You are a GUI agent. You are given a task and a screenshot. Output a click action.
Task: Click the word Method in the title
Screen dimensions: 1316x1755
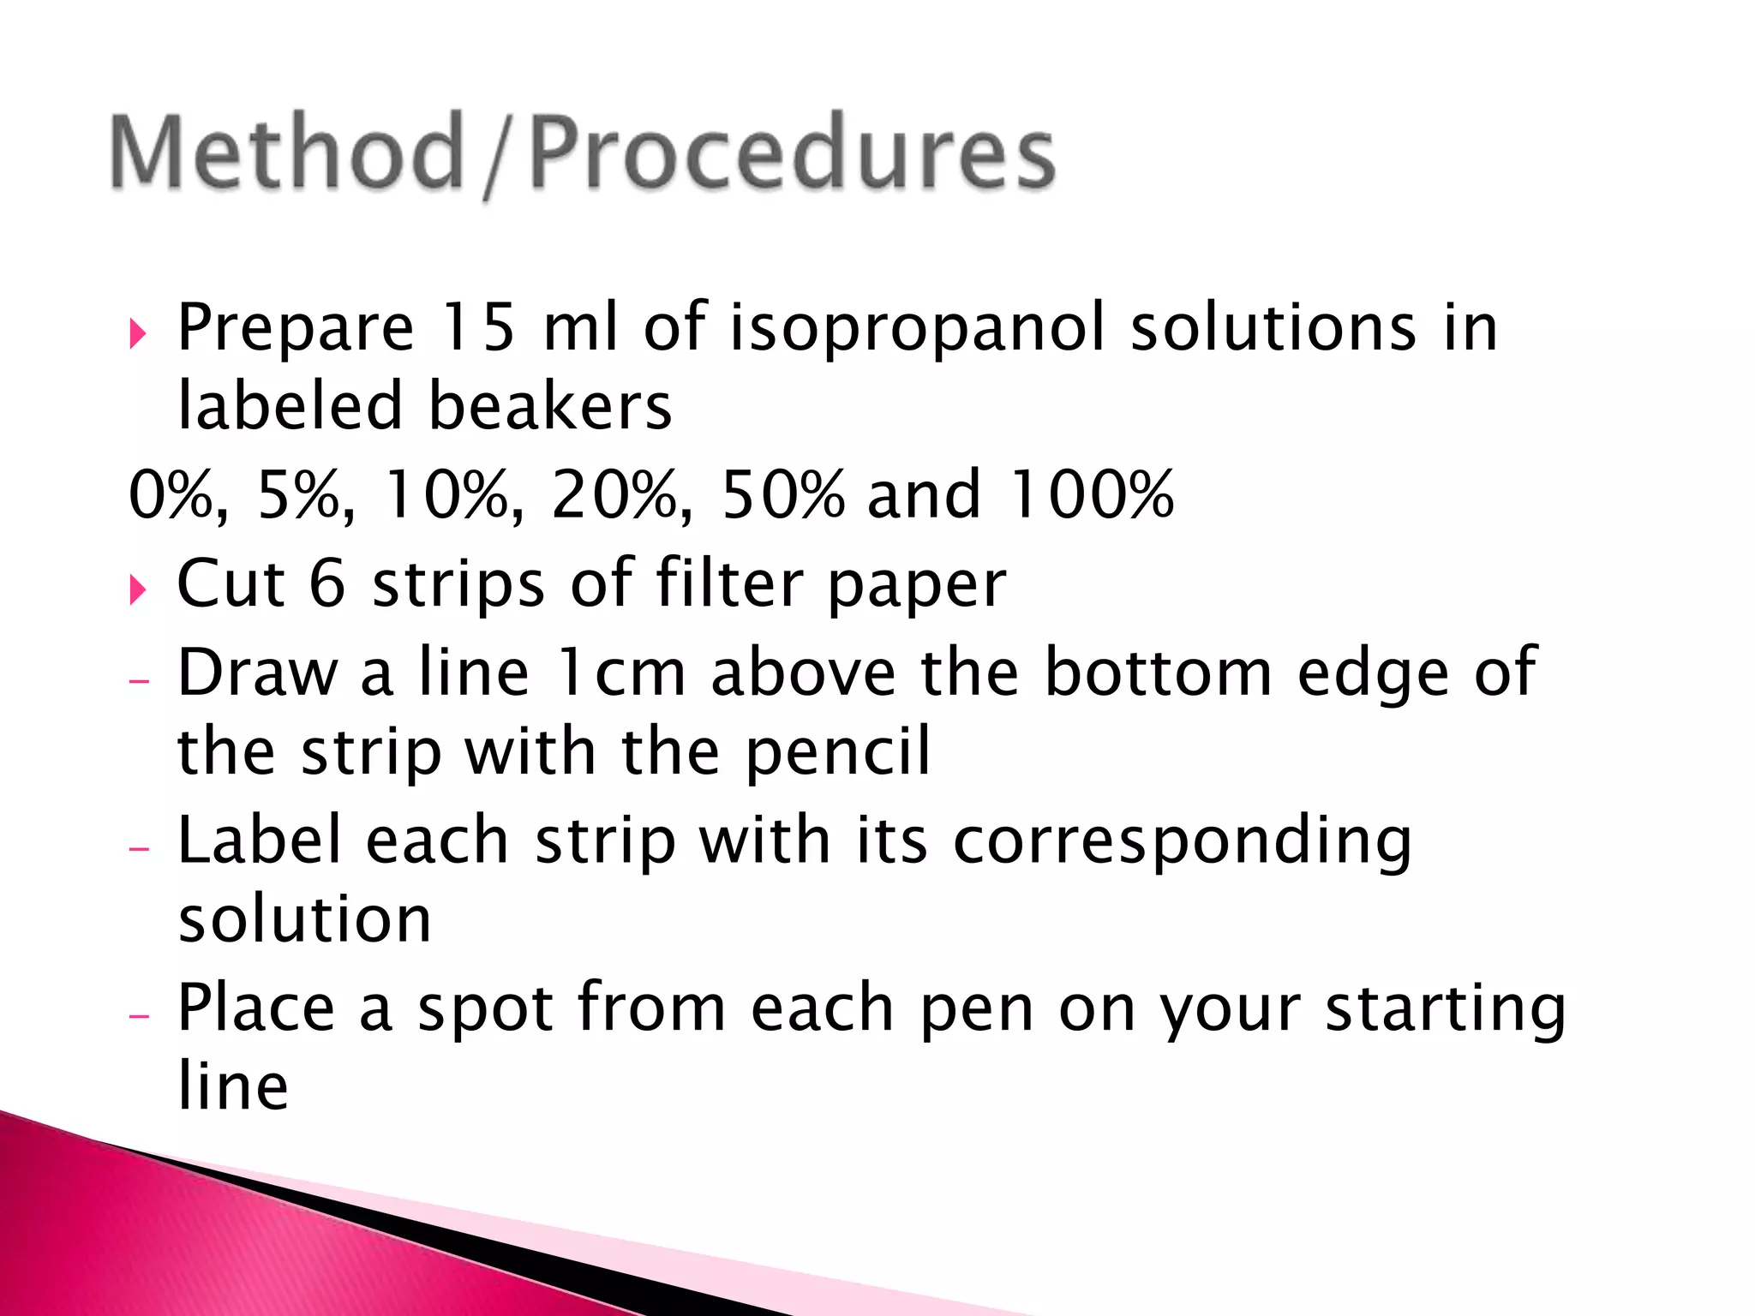(x=287, y=153)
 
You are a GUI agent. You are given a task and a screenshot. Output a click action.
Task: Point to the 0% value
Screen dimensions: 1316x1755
(x=176, y=495)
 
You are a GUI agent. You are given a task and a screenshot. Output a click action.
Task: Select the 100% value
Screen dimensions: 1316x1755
(x=1091, y=495)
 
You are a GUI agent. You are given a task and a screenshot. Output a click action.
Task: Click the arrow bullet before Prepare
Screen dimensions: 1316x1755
(x=138, y=333)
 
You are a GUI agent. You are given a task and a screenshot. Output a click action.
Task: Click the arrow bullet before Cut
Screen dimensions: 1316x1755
(x=138, y=589)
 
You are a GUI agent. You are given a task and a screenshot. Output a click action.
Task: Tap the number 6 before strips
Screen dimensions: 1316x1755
(x=326, y=583)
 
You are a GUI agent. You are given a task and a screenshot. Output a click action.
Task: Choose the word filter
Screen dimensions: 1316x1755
(x=728, y=583)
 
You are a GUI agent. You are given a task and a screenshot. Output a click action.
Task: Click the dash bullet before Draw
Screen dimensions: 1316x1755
(x=139, y=682)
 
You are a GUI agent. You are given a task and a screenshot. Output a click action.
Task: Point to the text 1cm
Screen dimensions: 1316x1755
(x=620, y=673)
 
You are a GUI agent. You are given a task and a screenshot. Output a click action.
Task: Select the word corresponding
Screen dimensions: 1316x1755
(x=1182, y=842)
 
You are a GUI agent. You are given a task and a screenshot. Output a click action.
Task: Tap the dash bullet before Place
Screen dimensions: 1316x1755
(x=139, y=1016)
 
